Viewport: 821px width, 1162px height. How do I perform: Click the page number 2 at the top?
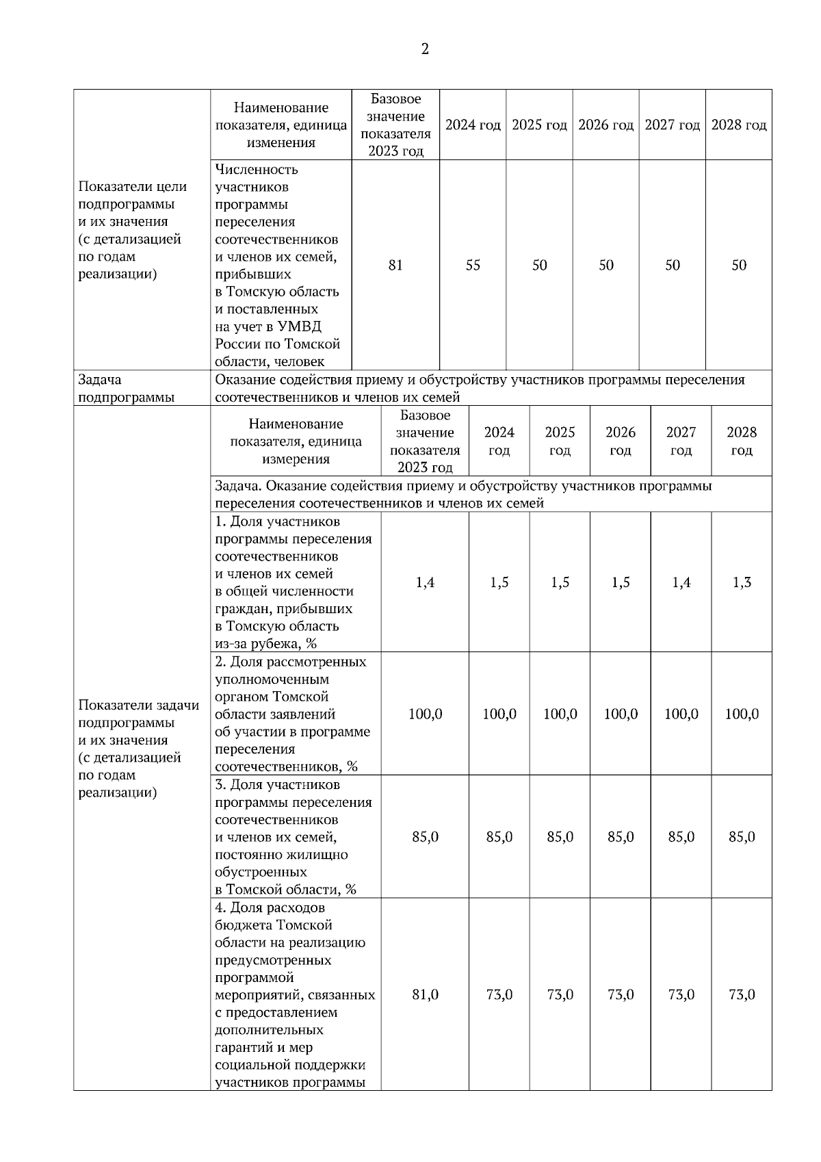(x=425, y=49)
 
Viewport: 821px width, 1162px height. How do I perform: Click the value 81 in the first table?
(x=395, y=266)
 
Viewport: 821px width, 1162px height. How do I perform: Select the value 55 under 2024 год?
(x=473, y=266)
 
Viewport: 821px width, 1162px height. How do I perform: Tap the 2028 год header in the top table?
(x=739, y=125)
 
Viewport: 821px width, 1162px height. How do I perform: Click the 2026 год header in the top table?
(x=605, y=125)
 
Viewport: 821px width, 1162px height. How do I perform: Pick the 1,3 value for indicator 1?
(x=742, y=583)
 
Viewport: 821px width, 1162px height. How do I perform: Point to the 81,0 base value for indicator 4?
(x=425, y=995)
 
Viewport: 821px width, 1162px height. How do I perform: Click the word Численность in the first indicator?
(x=257, y=169)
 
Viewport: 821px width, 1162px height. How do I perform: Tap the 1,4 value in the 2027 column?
(x=681, y=583)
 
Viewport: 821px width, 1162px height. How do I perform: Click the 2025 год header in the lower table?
(x=560, y=441)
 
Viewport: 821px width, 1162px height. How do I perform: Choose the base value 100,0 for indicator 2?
(x=425, y=714)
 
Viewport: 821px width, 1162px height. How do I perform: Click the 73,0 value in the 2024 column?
(x=499, y=995)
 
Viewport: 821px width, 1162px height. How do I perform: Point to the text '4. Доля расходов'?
(x=270, y=908)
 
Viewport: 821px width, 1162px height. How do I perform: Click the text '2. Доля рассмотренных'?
(x=291, y=662)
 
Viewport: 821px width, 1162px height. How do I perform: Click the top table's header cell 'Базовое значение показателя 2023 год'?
(x=395, y=125)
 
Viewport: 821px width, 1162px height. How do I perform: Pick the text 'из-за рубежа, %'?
(x=265, y=644)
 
